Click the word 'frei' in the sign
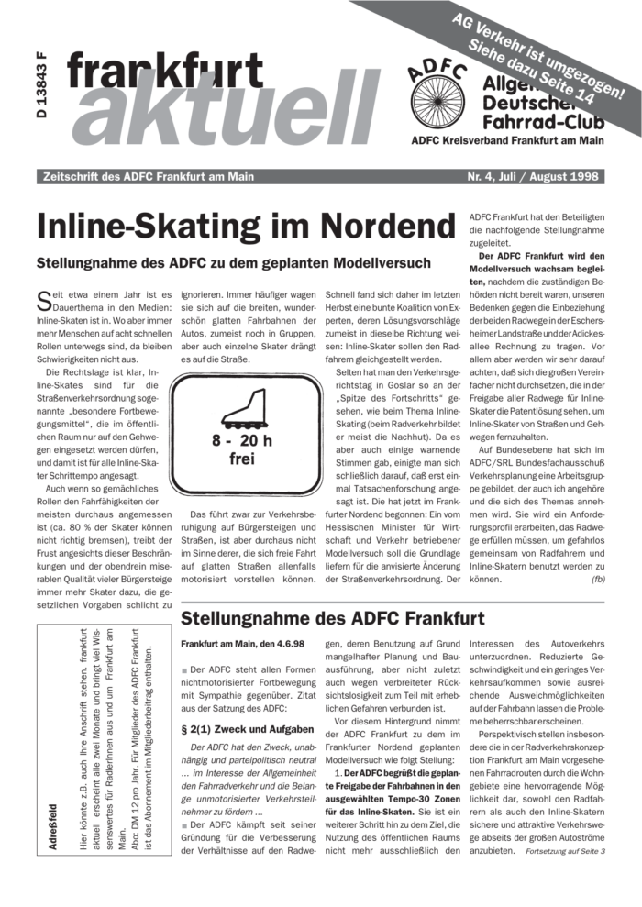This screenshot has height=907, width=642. (x=241, y=459)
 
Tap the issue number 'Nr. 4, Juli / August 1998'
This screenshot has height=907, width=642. (x=532, y=176)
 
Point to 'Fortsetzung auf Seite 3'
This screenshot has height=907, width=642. (x=566, y=851)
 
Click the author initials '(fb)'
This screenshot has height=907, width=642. (x=598, y=580)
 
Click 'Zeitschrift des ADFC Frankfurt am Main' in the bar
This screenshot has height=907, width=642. (x=143, y=176)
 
